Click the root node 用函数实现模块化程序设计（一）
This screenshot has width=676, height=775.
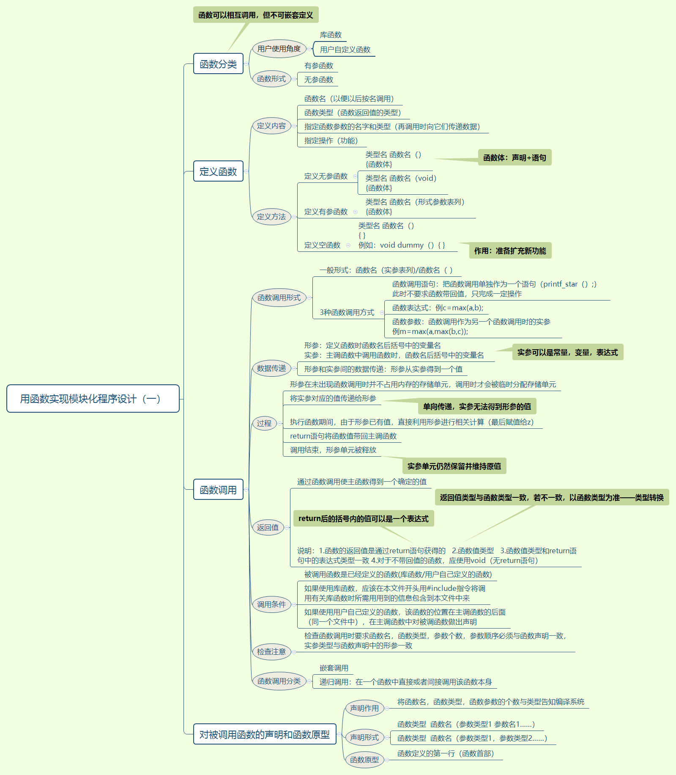[93, 398]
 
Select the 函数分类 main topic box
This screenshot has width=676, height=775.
[218, 64]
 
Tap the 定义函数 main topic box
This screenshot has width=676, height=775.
[218, 171]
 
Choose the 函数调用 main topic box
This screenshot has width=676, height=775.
[218, 490]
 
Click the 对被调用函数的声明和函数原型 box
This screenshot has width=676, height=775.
[265, 734]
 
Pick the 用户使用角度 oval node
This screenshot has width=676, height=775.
[279, 49]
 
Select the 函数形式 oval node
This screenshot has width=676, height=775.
[271, 79]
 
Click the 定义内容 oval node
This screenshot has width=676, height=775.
[271, 126]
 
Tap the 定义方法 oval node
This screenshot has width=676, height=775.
[271, 217]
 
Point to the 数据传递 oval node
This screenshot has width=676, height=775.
[271, 368]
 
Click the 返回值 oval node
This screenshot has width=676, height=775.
[268, 527]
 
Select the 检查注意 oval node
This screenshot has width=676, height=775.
[271, 652]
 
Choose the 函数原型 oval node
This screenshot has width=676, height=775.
[364, 760]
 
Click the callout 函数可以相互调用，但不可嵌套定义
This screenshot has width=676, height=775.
[256, 15]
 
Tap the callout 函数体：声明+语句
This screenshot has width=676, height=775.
[515, 157]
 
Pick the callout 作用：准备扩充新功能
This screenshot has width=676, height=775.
[510, 251]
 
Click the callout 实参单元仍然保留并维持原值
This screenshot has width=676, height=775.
[454, 466]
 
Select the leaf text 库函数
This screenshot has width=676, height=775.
[331, 35]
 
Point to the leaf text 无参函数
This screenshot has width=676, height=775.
[319, 80]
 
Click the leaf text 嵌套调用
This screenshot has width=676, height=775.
[334, 668]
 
